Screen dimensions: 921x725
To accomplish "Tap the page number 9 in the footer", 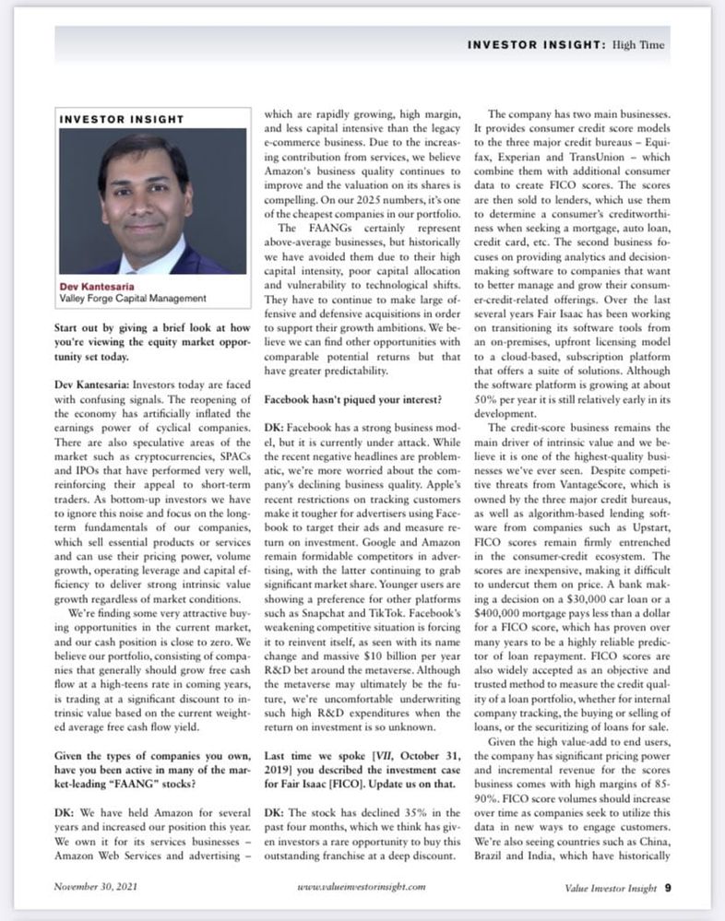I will [667, 889].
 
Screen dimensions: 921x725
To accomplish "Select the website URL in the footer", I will [361, 888].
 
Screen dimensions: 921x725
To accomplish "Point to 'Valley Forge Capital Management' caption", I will [133, 299].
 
